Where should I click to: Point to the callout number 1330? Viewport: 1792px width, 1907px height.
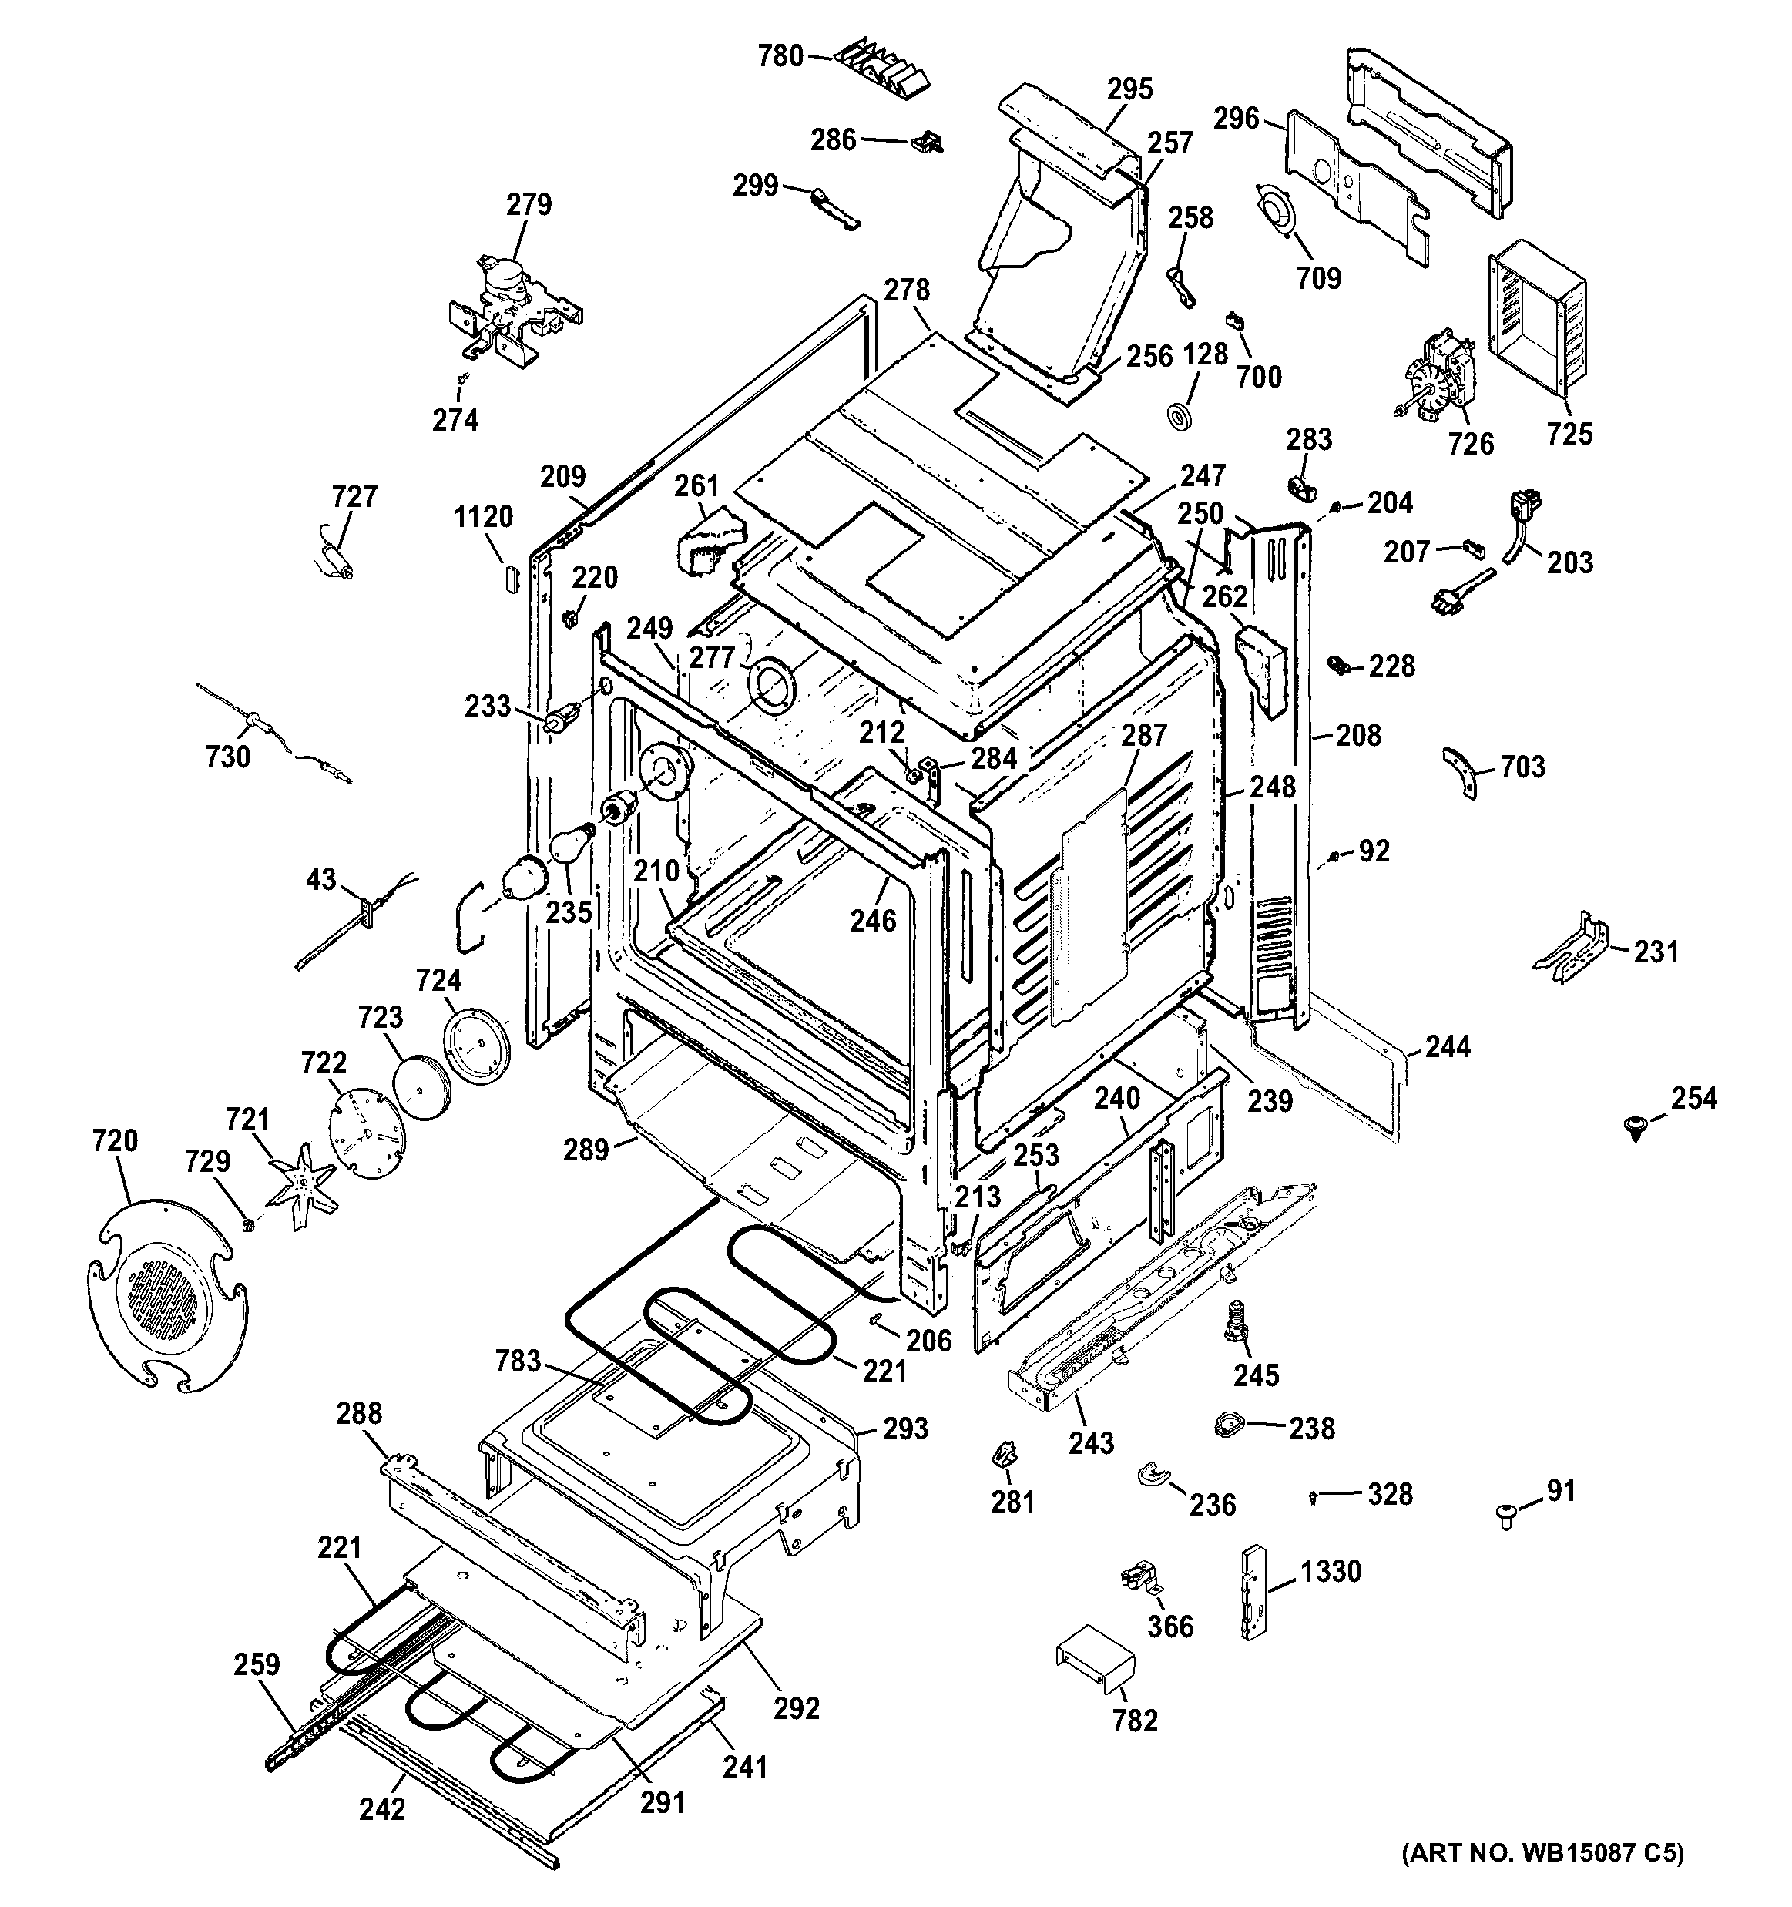(1331, 1571)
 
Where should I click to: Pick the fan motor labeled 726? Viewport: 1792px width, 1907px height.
(1435, 376)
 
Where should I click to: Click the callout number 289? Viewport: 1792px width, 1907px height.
(586, 1149)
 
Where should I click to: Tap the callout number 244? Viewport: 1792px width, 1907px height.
(1447, 1046)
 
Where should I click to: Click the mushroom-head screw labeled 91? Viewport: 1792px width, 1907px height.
(1506, 1516)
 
